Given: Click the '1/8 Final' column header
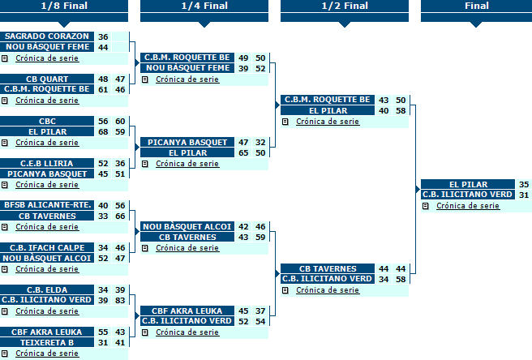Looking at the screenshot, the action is pyautogui.click(x=64, y=6).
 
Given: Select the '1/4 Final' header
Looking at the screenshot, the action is pyautogui.click(x=204, y=6).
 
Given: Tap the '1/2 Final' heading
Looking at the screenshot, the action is pyautogui.click(x=345, y=6).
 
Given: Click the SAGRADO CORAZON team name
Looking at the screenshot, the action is pyautogui.click(x=47, y=36).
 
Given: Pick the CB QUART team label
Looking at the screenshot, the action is pyautogui.click(x=47, y=79).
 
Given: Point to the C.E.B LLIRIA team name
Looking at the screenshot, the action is pyautogui.click(x=47, y=163).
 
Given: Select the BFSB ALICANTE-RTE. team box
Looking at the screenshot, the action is pyautogui.click(x=47, y=205).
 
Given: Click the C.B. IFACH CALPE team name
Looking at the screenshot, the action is pyautogui.click(x=47, y=247).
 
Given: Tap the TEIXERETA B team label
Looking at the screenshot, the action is pyautogui.click(x=47, y=342).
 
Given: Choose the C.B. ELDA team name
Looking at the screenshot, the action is pyautogui.click(x=47, y=289).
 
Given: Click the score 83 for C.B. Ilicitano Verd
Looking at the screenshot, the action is pyautogui.click(x=120, y=300).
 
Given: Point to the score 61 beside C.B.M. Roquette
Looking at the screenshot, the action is pyautogui.click(x=103, y=89).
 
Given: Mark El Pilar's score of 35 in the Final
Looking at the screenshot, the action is pyautogui.click(x=524, y=185).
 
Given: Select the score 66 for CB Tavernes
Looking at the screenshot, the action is pyautogui.click(x=120, y=216).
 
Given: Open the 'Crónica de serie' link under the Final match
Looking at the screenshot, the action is pyautogui.click(x=468, y=206).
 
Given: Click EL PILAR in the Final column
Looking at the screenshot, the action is pyautogui.click(x=468, y=184).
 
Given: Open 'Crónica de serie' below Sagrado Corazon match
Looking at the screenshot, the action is pyautogui.click(x=47, y=58).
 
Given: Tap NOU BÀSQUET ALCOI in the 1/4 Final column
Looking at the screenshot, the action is pyautogui.click(x=187, y=226).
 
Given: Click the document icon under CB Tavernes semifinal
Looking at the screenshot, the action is pyautogui.click(x=285, y=290).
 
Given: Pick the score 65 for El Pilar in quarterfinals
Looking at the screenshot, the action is pyautogui.click(x=243, y=152).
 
